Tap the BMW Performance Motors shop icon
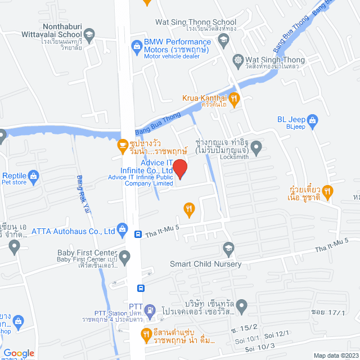[136, 46]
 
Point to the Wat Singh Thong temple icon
[238, 60]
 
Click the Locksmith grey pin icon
[256, 149]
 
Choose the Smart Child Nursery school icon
[228, 248]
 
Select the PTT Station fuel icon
[150, 309]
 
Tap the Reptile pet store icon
[33, 176]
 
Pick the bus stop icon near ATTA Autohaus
[138, 233]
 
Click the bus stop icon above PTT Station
[141, 289]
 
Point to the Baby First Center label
[87, 253]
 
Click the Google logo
[18, 353]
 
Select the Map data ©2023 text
[336, 355]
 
